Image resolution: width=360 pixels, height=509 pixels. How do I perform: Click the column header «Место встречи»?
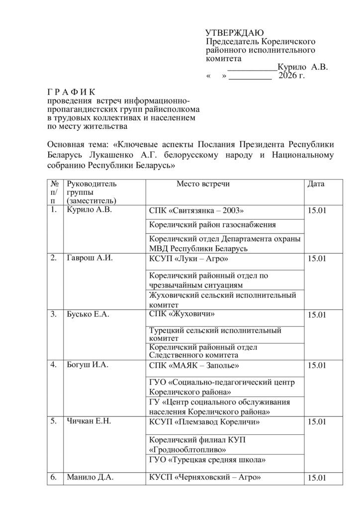click(x=203, y=184)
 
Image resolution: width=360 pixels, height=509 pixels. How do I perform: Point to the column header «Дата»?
click(x=316, y=184)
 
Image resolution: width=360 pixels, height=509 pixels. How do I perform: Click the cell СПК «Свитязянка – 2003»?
click(x=197, y=211)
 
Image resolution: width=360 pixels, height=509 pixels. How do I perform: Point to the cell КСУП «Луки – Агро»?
click(x=189, y=258)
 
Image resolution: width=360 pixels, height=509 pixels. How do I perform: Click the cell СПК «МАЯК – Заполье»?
click(x=194, y=366)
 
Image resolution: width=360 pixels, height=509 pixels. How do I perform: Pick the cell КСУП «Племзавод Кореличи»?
click(x=205, y=422)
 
